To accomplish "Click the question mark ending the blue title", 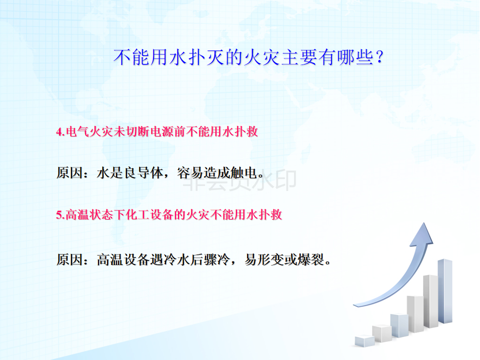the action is [379, 57].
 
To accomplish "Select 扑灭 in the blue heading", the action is [197, 57].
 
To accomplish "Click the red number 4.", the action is [59, 132].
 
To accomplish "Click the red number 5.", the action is [59, 215].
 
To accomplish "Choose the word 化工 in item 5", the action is [138, 215].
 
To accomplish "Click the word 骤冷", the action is [217, 260].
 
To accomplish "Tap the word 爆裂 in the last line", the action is [310, 260].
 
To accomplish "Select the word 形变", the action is [270, 260].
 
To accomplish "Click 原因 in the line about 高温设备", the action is [70, 260].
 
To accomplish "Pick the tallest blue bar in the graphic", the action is [445, 291].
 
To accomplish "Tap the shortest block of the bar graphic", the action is [364, 341].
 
